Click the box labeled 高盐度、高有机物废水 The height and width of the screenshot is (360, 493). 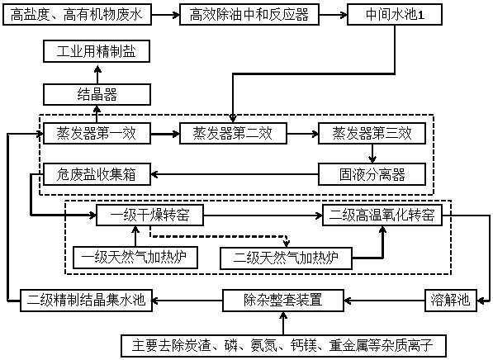pos(77,15)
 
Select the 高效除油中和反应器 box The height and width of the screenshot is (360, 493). pos(249,15)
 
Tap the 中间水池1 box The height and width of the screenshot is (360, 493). pos(395,15)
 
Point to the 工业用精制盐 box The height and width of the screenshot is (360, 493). pos(97,51)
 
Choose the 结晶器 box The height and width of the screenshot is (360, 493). pos(97,94)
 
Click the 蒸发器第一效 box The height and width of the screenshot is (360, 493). pos(97,134)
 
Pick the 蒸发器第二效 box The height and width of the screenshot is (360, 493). pos(234,134)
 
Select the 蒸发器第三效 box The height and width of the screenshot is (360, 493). pos(372,134)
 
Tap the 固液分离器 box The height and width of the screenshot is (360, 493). pos(372,174)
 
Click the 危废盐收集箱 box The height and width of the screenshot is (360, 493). pos(97,174)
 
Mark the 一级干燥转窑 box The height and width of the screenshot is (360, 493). pos(149,216)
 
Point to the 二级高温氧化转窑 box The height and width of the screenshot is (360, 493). pos(382,216)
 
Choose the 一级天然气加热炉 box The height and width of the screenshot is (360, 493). pos(135,258)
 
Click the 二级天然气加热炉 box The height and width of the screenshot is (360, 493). pos(286,258)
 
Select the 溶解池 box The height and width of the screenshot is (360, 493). pos(451,301)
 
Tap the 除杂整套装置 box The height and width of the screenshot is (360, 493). pos(283,301)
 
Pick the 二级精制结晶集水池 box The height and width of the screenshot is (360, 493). pos(86,301)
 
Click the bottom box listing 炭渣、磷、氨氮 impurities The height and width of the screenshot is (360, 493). pos(283,346)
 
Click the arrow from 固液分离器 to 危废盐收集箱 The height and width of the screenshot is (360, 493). pos(235,174)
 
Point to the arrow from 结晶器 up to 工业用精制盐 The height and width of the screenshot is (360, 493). pos(97,74)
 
